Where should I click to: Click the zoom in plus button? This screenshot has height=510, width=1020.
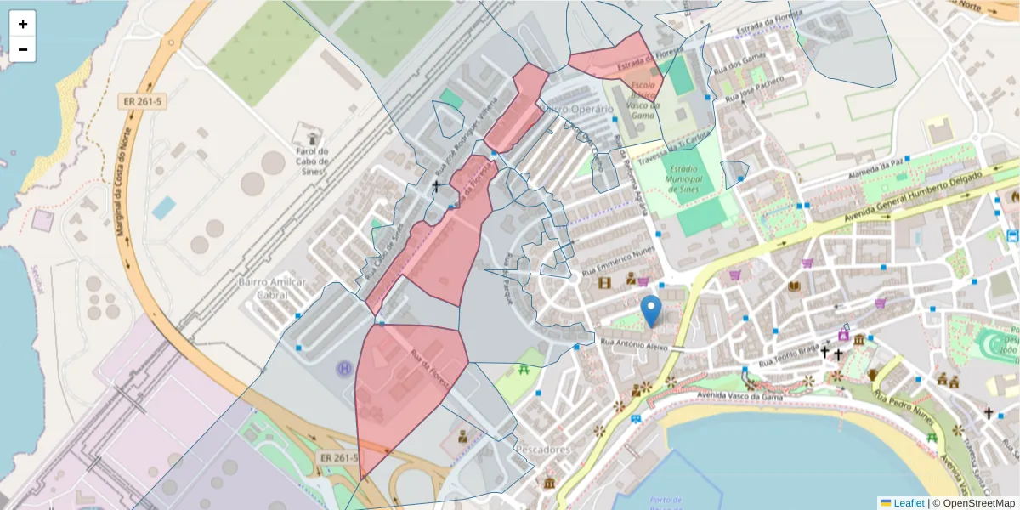tap(23, 24)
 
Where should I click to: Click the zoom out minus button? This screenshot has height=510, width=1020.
tap(23, 49)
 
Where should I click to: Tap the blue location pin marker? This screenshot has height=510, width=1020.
tap(651, 312)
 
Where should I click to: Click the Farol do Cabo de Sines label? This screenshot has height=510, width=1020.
tap(313, 159)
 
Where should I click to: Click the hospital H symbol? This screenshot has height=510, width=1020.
tap(345, 369)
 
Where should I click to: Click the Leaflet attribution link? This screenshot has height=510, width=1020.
tap(908, 503)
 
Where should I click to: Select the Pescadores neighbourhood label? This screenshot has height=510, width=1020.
tap(542, 449)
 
